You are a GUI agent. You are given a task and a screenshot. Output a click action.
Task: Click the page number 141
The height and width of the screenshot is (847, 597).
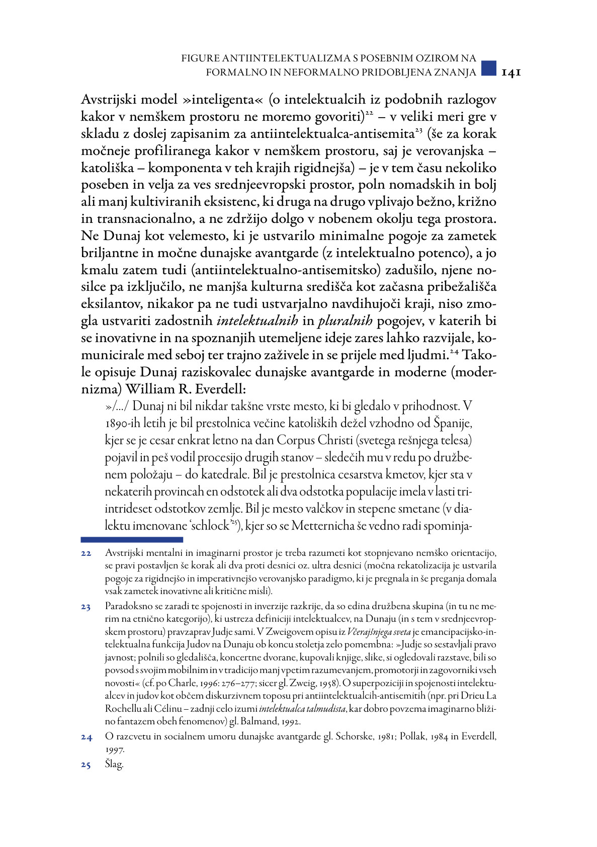click(511, 72)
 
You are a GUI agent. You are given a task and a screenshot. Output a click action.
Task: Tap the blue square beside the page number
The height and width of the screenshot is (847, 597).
click(488, 68)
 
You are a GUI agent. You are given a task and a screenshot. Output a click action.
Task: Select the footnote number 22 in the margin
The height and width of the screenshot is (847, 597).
click(86, 554)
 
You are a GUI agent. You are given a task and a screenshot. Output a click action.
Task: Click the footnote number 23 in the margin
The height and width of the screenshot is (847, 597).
click(86, 607)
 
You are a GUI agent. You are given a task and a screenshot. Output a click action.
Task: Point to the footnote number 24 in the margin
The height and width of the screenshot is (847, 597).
click(86, 737)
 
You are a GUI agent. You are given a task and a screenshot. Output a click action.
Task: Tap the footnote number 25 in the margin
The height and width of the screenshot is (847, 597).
click(86, 766)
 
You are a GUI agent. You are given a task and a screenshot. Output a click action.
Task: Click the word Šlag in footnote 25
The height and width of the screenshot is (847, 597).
click(114, 765)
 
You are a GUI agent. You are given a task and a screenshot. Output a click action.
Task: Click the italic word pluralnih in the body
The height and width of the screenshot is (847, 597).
click(345, 321)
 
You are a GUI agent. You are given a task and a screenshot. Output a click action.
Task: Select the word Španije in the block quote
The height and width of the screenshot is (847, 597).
click(453, 423)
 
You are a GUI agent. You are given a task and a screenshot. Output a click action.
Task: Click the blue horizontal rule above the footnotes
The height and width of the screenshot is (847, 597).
click(131, 540)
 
